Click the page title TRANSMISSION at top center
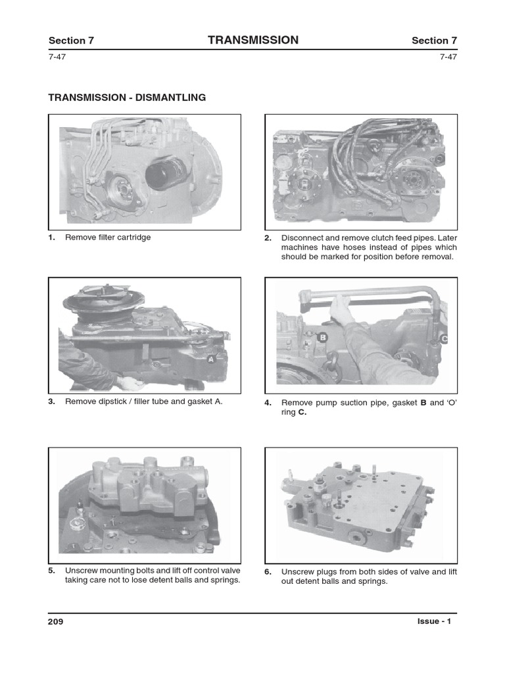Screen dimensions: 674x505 (252, 40)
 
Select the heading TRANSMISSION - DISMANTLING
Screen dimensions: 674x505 (127, 97)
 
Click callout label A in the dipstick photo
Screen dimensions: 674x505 (211, 359)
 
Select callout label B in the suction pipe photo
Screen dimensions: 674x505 (322, 338)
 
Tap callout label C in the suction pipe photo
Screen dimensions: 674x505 (443, 339)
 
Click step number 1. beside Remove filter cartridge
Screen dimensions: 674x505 (52, 238)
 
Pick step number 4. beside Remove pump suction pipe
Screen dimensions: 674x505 (268, 403)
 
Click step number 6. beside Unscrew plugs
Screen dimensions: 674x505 (268, 572)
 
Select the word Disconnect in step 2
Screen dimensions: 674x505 (301, 238)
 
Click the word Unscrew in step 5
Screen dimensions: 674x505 (80, 571)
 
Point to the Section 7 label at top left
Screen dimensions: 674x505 (71, 41)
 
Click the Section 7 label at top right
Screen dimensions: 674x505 (434, 41)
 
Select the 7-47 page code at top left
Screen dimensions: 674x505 (57, 57)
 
